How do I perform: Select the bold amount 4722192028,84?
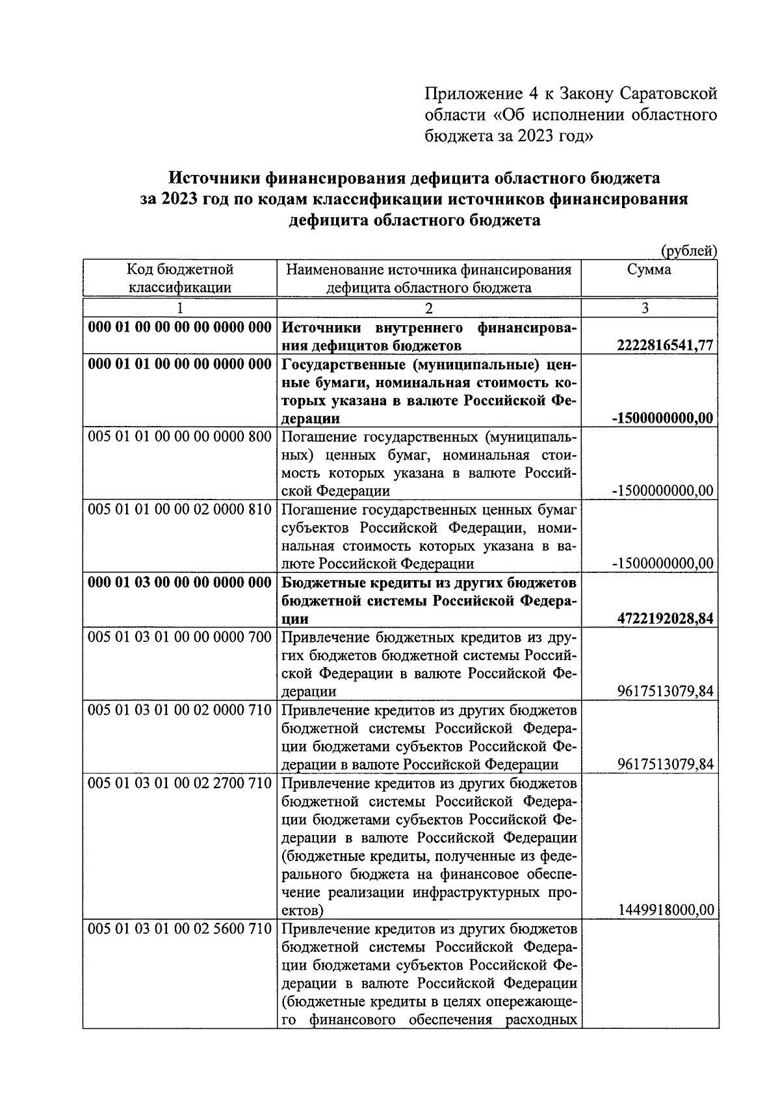pyautogui.click(x=666, y=618)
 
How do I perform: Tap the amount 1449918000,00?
pyautogui.click(x=666, y=910)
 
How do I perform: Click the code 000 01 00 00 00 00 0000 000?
pyautogui.click(x=179, y=328)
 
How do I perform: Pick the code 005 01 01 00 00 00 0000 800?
pyautogui.click(x=179, y=436)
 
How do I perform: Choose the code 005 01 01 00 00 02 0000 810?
pyautogui.click(x=179, y=509)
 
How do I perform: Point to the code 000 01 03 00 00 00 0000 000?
pyautogui.click(x=179, y=582)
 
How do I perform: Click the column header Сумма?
pyautogui.click(x=649, y=270)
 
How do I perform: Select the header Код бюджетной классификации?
pyautogui.click(x=179, y=278)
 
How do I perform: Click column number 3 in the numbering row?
pyautogui.click(x=645, y=308)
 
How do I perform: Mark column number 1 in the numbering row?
pyautogui.click(x=180, y=308)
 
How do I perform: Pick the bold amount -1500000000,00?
pyautogui.click(x=663, y=418)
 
